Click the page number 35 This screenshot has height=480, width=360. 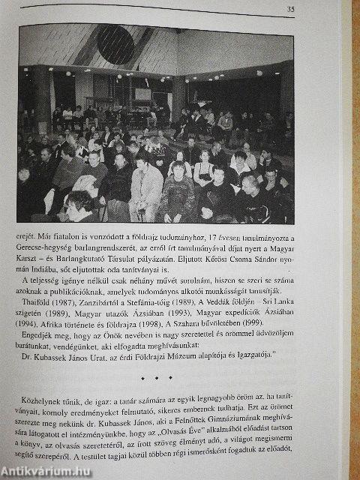[290, 10]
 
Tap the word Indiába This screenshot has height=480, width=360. [55, 274]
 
